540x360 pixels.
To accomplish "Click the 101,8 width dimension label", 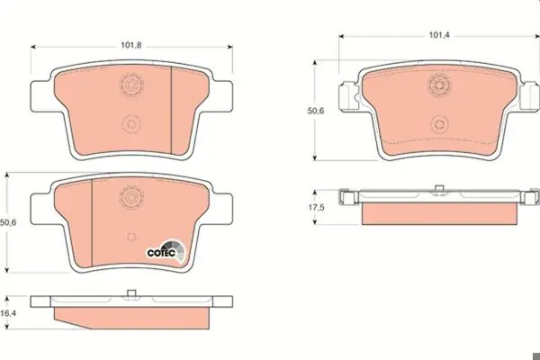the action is coord(130,45).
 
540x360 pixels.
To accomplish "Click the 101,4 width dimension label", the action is coord(439,35).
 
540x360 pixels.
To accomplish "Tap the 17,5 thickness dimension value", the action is coord(316,207).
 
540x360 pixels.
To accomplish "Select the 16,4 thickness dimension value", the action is coord(8,313).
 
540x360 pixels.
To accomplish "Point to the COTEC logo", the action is coord(166,251).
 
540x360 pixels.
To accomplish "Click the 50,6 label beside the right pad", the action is coord(316,111).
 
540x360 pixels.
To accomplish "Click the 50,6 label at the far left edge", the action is coord(8,223).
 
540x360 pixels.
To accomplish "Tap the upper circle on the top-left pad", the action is coord(131,85).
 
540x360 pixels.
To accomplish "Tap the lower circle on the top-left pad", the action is coord(131,123).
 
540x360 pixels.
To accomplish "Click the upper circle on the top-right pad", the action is coord(439,85).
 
